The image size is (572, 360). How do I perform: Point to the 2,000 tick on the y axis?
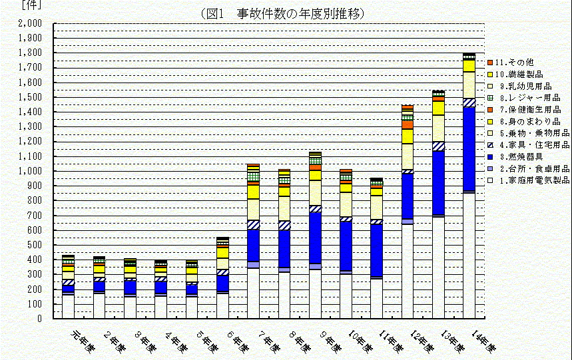pos(30,23)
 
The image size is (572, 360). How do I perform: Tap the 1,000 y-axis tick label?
pos(30,171)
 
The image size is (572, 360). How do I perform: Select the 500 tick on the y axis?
pos(35,245)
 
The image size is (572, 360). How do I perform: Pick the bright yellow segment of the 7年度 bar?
pos(253,192)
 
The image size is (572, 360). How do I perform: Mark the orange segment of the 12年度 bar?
pos(408,124)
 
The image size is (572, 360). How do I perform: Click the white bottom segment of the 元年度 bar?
pos(68,306)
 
